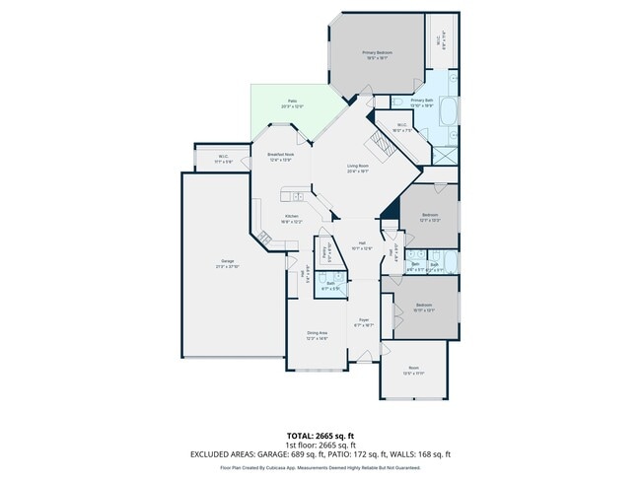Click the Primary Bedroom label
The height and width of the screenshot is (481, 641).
pyautogui.click(x=377, y=52)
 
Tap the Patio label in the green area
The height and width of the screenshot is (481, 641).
pyautogui.click(x=293, y=101)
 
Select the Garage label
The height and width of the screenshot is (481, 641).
pyautogui.click(x=227, y=261)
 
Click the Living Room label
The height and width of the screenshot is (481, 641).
pyautogui.click(x=357, y=166)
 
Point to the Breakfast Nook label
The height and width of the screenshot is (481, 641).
pyautogui.click(x=281, y=155)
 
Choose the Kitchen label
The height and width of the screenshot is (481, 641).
pyautogui.click(x=292, y=216)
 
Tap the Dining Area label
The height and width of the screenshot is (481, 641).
pyautogui.click(x=317, y=333)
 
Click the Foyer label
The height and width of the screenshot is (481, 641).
pyautogui.click(x=363, y=320)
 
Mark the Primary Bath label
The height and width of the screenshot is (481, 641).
pyautogui.click(x=422, y=100)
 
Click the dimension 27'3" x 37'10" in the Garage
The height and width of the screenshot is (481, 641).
pyautogui.click(x=227, y=267)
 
